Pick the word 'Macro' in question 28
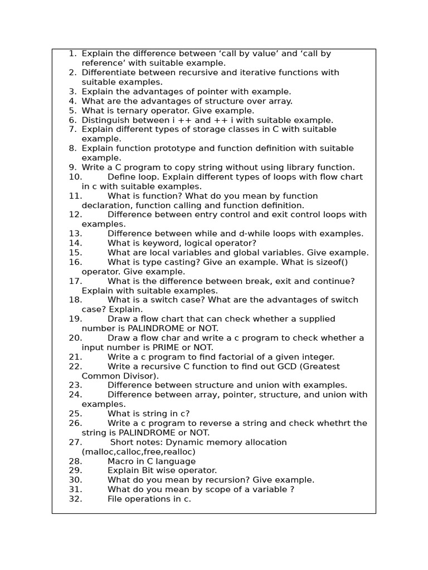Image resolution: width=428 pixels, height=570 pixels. pyautogui.click(x=120, y=461)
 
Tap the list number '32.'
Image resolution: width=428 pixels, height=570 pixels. pyautogui.click(x=75, y=499)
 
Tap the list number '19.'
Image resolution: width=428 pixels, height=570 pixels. pyautogui.click(x=75, y=319)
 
